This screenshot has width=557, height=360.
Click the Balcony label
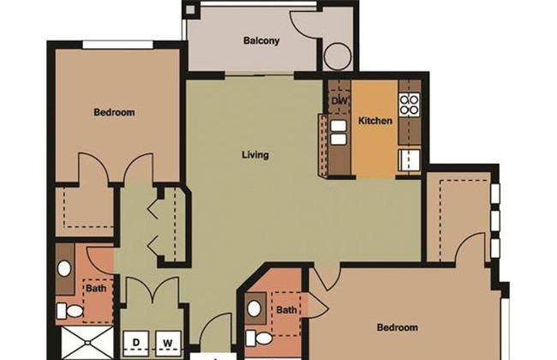[x=261, y=40]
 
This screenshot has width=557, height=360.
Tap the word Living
[x=255, y=155]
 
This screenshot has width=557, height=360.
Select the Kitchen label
[x=375, y=121]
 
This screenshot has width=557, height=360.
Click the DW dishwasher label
[x=340, y=100]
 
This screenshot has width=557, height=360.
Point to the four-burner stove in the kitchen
[x=410, y=104]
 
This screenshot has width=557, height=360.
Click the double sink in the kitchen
[x=338, y=132]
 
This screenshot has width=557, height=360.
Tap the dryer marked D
[x=136, y=344]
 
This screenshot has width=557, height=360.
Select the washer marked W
[x=168, y=344]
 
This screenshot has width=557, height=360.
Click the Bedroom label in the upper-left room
[x=114, y=112]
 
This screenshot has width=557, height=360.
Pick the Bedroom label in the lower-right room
[x=397, y=327]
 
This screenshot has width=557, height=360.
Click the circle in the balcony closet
[x=338, y=57]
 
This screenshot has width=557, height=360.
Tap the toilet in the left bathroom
[x=70, y=311]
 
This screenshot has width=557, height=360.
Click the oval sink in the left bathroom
[x=64, y=268]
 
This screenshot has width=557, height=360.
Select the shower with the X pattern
[x=87, y=343]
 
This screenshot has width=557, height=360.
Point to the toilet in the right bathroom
[x=259, y=338]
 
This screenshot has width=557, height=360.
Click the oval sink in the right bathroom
[x=254, y=309]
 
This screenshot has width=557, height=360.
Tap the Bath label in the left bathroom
[x=96, y=288]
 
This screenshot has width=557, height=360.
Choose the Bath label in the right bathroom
[x=286, y=310]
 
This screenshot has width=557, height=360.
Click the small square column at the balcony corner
[x=191, y=9]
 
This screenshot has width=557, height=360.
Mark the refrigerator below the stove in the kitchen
[x=410, y=159]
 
